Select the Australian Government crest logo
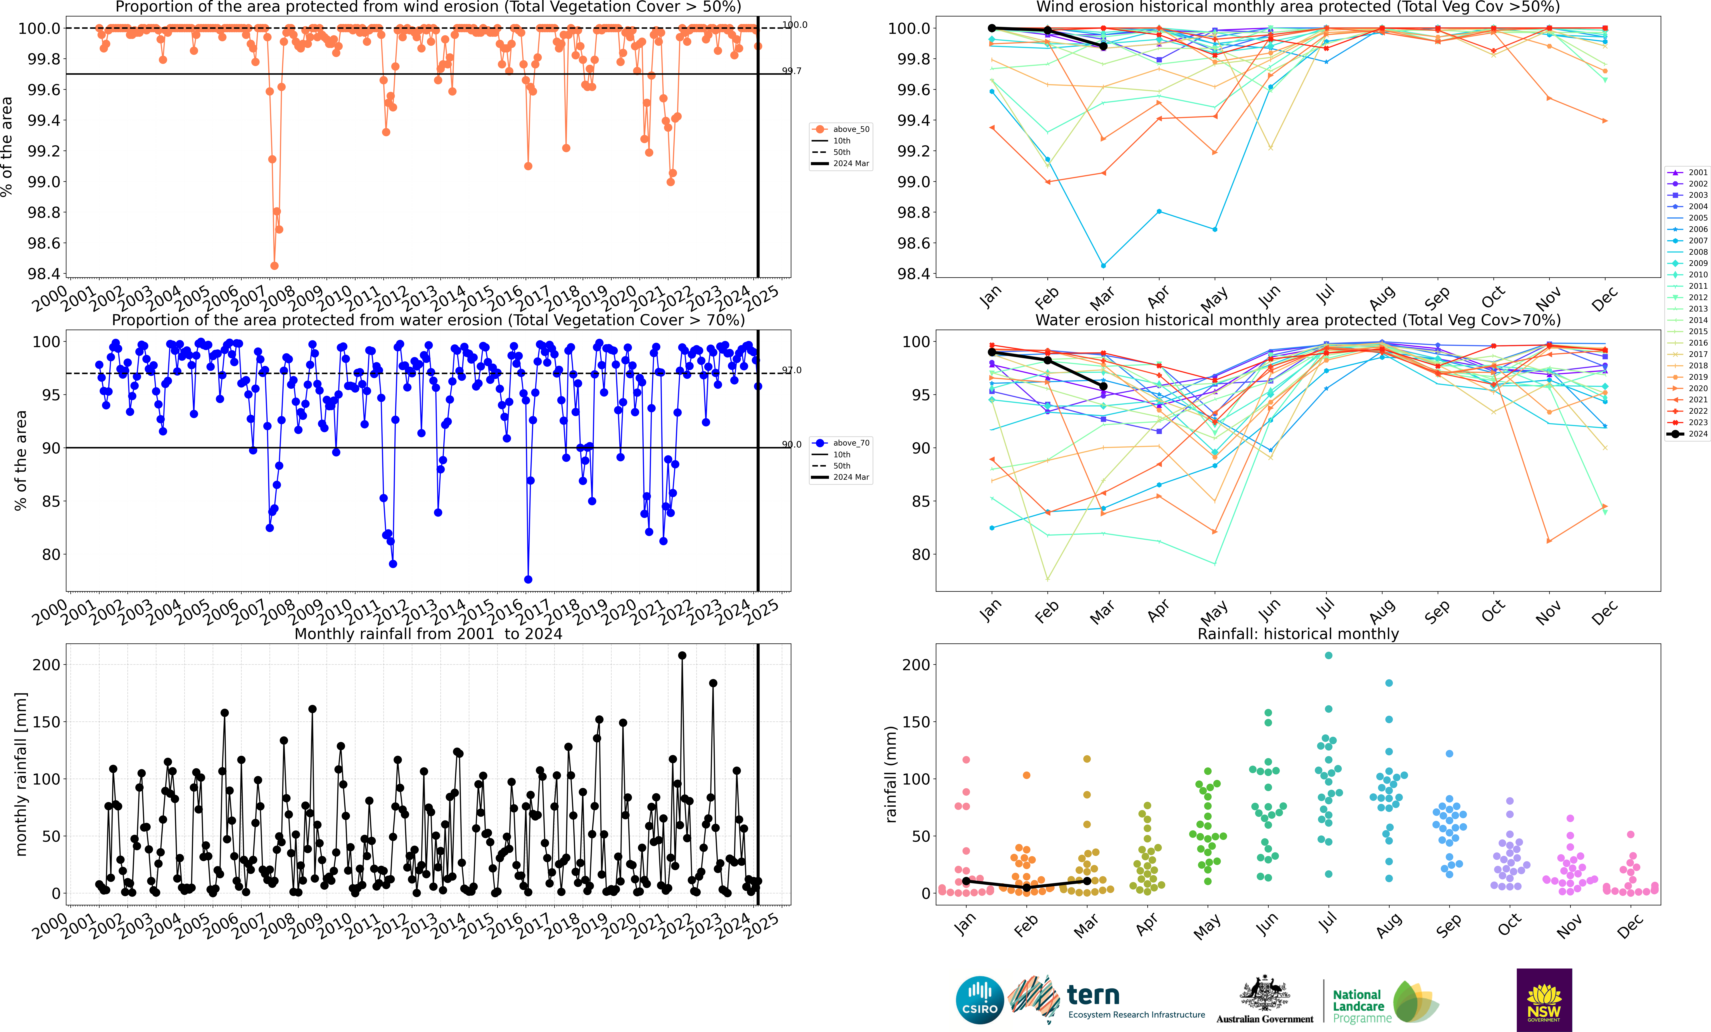coord(1264,994)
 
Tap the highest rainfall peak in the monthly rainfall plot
coord(682,655)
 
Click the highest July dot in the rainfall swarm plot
coord(1328,655)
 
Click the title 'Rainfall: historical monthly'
coord(1298,634)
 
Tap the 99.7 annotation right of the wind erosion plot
coord(792,71)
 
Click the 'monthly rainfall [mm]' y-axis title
coord(21,774)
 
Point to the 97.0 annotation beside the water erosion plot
coord(792,370)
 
